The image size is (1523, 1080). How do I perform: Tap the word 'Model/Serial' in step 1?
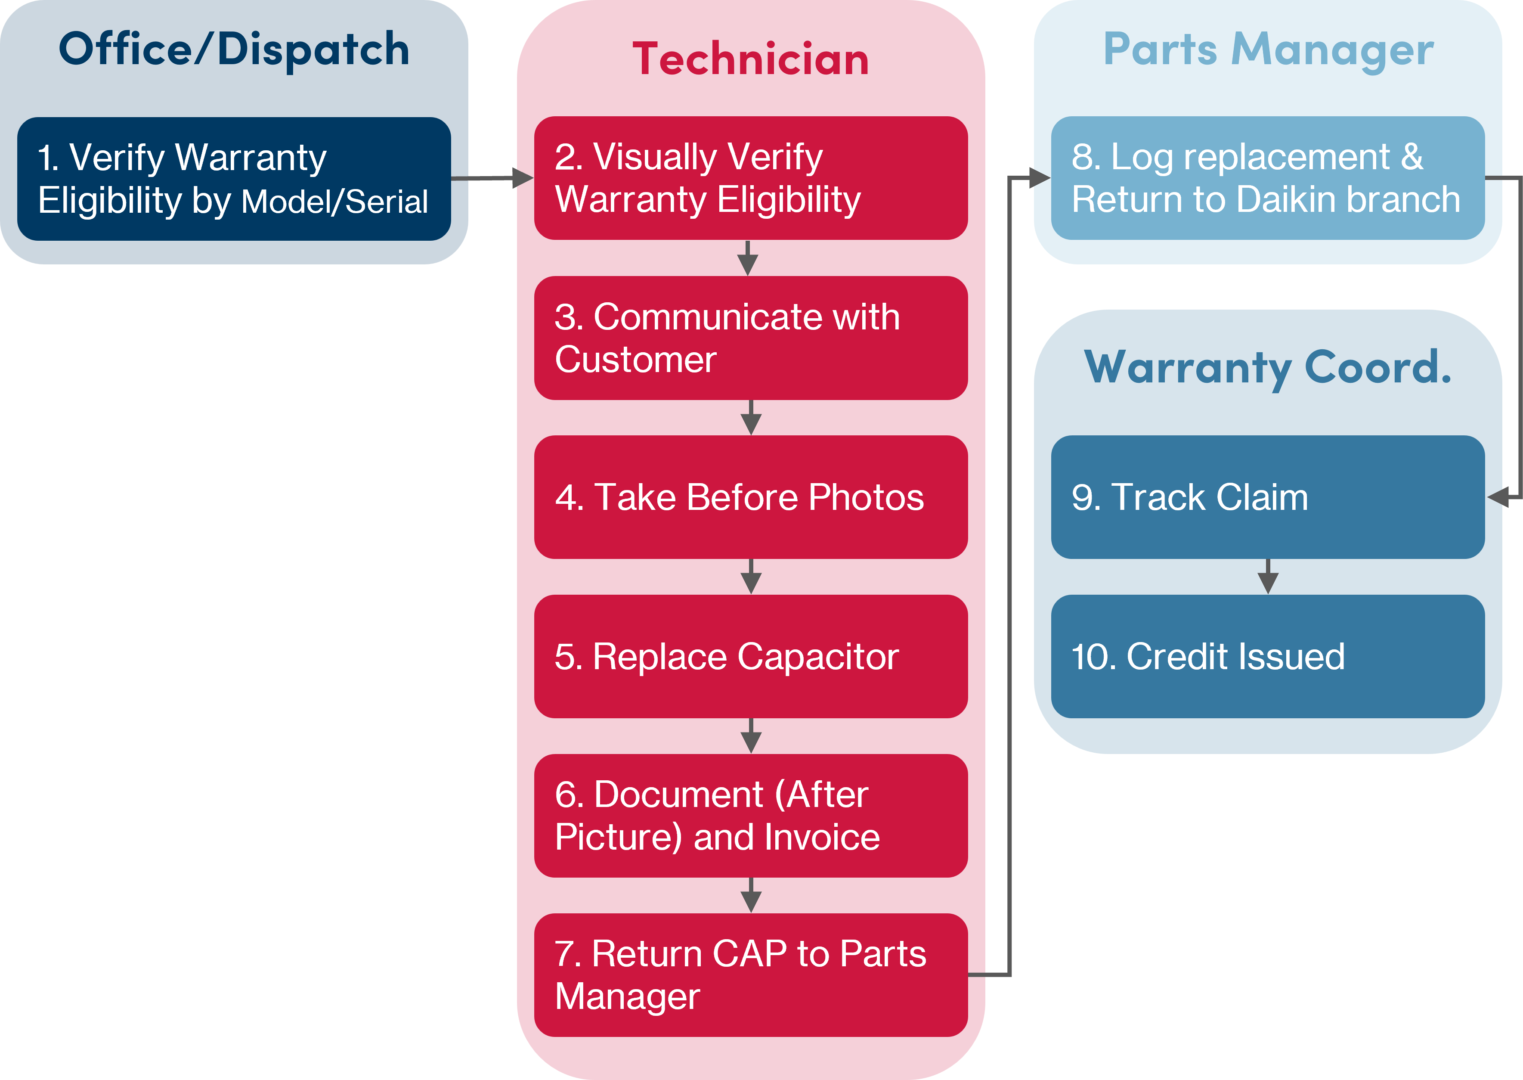pos(334,202)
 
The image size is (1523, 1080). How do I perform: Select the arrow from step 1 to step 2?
pos(492,178)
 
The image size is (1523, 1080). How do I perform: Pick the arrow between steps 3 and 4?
pos(751,418)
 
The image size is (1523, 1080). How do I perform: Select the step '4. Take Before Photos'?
pos(739,497)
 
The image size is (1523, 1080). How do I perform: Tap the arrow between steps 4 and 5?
pos(751,577)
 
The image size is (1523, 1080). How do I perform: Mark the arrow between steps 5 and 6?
pos(751,736)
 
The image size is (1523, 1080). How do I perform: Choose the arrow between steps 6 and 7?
pos(751,895)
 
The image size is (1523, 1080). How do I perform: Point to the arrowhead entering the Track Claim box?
pos(1498,497)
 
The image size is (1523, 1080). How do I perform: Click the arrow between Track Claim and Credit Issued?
pos(1268,577)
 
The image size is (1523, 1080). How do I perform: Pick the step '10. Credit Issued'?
pos(1208,657)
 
